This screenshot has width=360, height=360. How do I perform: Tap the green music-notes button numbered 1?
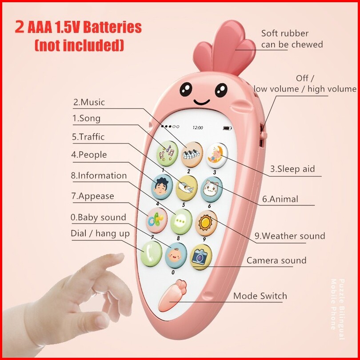pyautogui.click(x=167, y=152)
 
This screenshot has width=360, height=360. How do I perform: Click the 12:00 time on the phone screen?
pyautogui.click(x=197, y=128)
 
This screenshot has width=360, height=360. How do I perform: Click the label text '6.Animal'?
pyautogui.click(x=280, y=199)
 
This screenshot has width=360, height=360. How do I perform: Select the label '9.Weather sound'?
pyautogui.click(x=289, y=236)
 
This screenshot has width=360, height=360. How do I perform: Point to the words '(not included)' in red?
pyautogui.click(x=79, y=45)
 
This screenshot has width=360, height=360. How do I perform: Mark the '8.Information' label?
pyautogui.click(x=99, y=176)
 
